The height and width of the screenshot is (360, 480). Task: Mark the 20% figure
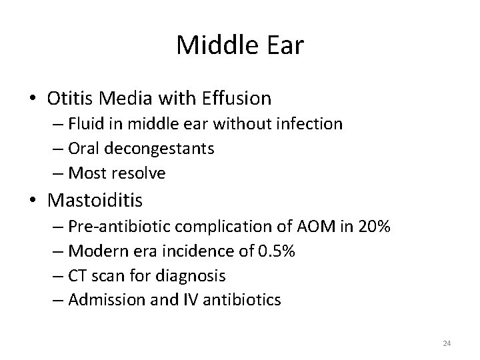373,226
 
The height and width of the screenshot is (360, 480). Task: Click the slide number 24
447,343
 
